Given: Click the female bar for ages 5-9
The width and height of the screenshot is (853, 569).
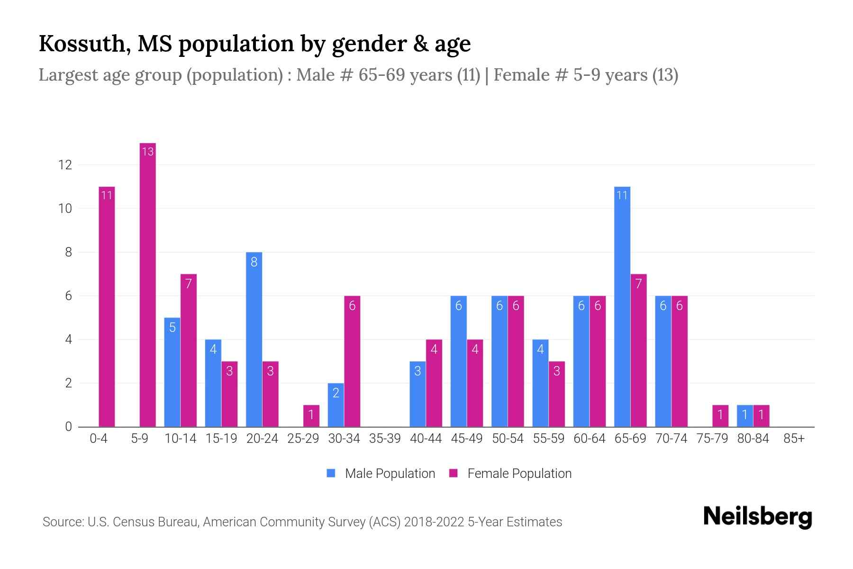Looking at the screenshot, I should [x=148, y=284].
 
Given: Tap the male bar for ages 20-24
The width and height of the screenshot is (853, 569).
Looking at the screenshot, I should [x=254, y=340].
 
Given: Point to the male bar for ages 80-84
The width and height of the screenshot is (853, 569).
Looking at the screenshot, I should [x=744, y=416].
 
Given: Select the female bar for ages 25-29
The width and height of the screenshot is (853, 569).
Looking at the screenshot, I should [x=311, y=416].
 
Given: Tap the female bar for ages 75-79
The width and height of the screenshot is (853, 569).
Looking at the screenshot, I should [x=720, y=416].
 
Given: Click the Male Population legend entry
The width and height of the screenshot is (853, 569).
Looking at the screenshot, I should [x=381, y=473].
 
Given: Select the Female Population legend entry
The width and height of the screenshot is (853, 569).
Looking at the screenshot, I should [x=511, y=473].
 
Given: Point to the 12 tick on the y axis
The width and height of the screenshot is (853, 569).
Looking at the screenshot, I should [x=65, y=165].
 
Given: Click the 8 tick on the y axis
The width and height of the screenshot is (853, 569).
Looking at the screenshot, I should [x=68, y=252].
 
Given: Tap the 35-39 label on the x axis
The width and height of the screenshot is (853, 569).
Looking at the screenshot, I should [x=385, y=439].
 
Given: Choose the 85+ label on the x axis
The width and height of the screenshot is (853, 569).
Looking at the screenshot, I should [x=794, y=439].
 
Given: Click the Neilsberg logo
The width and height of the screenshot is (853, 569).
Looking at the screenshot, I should [x=757, y=517].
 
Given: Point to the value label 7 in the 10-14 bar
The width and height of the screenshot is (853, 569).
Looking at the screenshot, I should [x=189, y=284].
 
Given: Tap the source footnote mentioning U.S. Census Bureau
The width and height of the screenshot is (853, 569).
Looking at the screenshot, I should [x=302, y=522].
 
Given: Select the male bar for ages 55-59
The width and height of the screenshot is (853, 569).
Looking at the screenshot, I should [x=540, y=383].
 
